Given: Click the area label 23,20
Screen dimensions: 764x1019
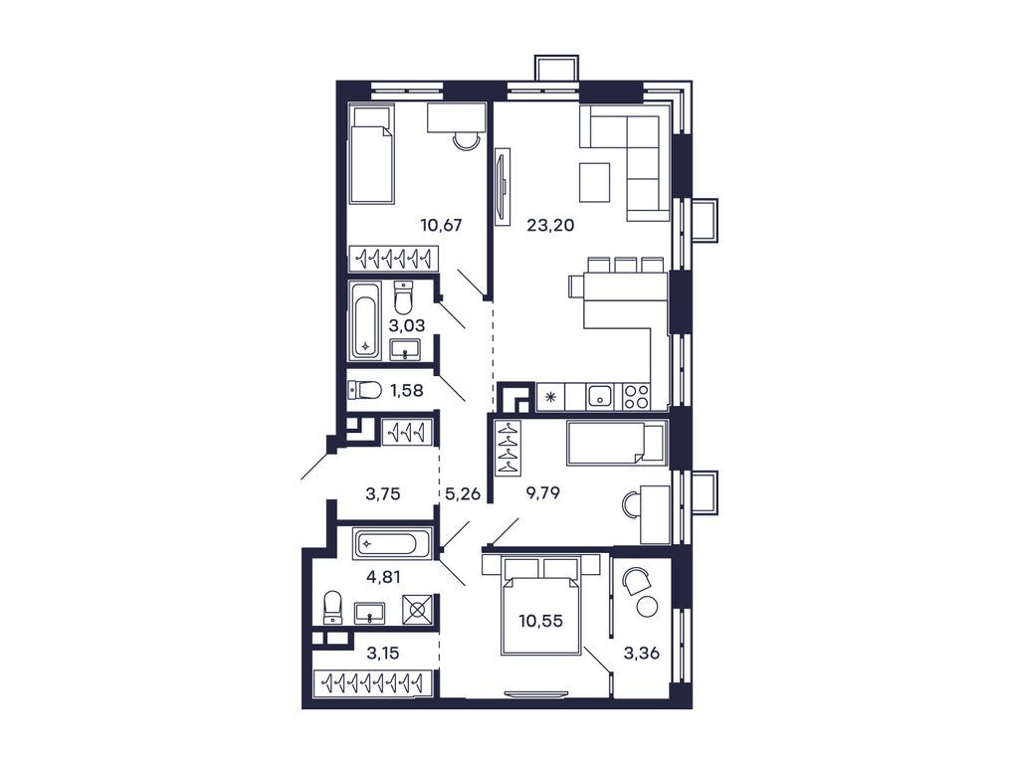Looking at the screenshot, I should [x=550, y=225].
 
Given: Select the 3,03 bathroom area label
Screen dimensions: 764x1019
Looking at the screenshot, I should [x=408, y=324].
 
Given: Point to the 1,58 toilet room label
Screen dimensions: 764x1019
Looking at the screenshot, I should [x=407, y=390].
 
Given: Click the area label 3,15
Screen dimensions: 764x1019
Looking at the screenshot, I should [x=383, y=653].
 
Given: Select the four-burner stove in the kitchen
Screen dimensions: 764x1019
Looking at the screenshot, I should [x=635, y=397].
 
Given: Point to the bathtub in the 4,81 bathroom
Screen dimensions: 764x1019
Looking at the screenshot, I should [x=391, y=544].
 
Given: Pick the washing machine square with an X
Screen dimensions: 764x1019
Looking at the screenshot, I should [x=417, y=609].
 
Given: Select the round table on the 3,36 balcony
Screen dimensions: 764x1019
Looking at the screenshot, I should [x=648, y=606].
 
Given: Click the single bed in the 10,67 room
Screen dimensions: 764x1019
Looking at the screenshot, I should [x=371, y=154].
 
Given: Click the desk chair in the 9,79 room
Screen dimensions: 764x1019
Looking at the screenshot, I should [x=631, y=505].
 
